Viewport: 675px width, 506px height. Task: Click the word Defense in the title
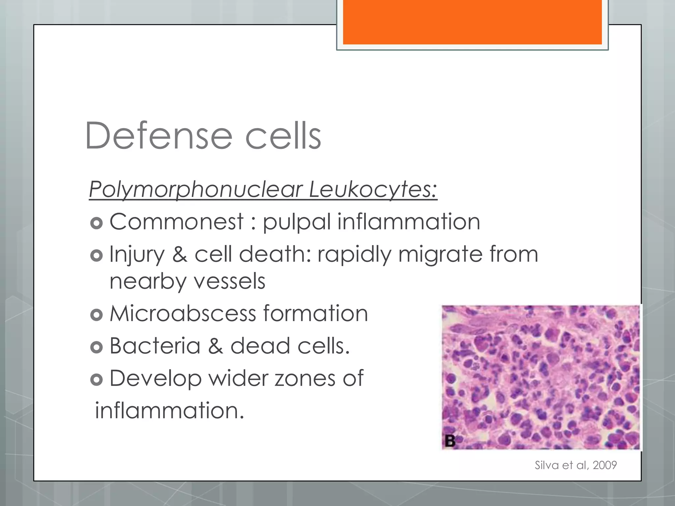tap(159, 136)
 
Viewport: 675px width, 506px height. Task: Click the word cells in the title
tap(283, 136)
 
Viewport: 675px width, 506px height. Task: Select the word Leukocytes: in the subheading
tap(373, 190)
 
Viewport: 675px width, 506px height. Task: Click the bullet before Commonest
tap(96, 223)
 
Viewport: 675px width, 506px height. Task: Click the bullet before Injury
tap(96, 256)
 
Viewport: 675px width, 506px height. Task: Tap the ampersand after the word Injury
tap(180, 254)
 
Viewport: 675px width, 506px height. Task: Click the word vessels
tap(229, 281)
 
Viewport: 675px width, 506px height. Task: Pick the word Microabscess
tap(183, 314)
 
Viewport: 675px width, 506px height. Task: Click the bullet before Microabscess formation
tap(96, 315)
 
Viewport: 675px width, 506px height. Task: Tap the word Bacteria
tap(155, 346)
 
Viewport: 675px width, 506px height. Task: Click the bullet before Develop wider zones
tap(96, 380)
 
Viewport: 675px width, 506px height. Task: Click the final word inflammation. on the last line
tap(169, 411)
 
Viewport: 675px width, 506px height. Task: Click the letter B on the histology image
tap(450, 440)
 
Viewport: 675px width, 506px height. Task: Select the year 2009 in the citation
tap(604, 465)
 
